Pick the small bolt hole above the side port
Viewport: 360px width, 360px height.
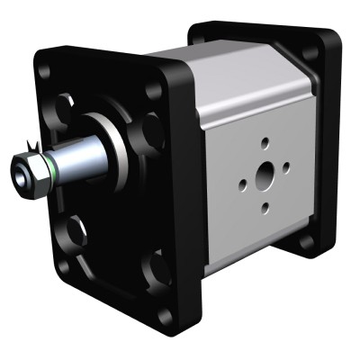265,142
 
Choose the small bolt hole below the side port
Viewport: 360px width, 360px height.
264,208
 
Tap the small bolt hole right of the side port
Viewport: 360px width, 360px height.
286,166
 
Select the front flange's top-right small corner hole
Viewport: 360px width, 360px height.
150,90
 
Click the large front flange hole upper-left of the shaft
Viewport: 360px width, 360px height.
66,109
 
